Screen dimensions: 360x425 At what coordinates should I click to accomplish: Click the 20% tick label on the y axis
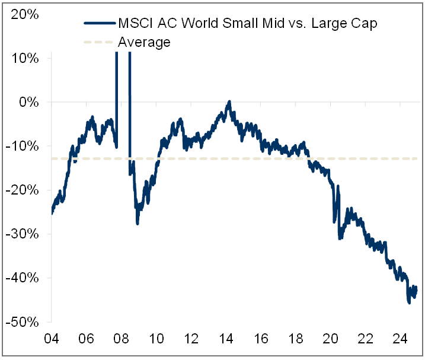coord(25,14)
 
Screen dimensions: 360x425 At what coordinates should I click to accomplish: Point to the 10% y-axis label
coord(25,58)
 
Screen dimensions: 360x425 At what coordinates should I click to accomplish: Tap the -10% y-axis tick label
coord(24,146)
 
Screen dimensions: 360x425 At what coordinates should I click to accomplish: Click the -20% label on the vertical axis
coord(24,190)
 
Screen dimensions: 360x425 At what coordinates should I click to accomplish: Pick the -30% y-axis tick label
coord(24,234)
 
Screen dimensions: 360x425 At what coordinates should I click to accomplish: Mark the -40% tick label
coord(24,278)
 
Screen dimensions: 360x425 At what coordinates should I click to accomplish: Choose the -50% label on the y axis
coord(24,321)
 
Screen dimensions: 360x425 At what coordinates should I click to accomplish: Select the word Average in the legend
coord(144,42)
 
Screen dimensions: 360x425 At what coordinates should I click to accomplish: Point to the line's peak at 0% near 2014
coord(229,103)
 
